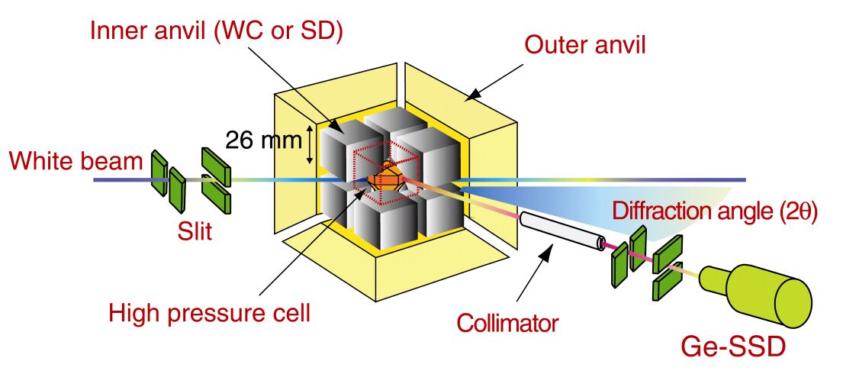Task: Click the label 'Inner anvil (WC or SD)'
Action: point(217,32)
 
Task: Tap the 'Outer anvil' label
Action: point(584,45)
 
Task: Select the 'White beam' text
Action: point(76,161)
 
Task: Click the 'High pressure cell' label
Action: point(210,313)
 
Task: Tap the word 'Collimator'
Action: point(507,324)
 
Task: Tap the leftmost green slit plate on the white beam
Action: point(159,172)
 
